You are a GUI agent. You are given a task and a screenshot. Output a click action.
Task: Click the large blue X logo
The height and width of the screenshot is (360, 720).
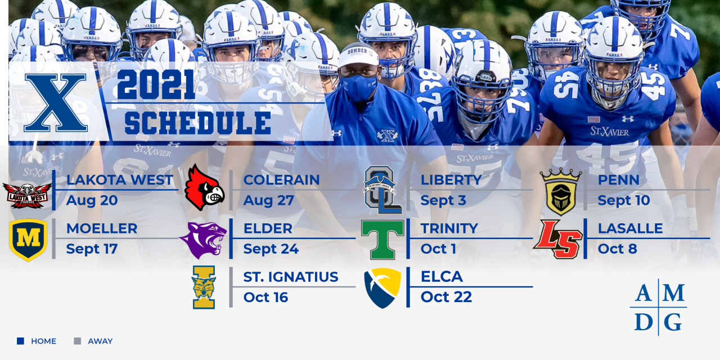pyautogui.click(x=55, y=103)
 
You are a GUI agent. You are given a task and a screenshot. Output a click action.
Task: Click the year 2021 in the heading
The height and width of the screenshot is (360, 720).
pyautogui.click(x=156, y=85)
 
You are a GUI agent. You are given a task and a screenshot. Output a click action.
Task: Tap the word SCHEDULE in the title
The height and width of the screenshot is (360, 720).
pyautogui.click(x=197, y=123)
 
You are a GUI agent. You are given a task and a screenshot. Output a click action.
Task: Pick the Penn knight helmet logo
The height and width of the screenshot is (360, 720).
pyautogui.click(x=560, y=191)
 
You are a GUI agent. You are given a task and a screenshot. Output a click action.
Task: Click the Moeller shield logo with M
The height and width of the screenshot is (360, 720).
pyautogui.click(x=28, y=240)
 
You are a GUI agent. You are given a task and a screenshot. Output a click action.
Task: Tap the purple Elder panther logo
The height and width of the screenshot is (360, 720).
pyautogui.click(x=203, y=240)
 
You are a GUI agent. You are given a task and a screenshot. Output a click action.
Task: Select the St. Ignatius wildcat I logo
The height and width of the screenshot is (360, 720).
pyautogui.click(x=204, y=287)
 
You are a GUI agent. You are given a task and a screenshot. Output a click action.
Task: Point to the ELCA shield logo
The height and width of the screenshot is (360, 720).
pyautogui.click(x=382, y=287)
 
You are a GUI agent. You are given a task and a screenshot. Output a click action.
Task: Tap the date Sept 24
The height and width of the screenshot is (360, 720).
pyautogui.click(x=271, y=249)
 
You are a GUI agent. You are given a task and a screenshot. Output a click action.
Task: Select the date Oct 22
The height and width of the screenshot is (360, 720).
pyautogui.click(x=446, y=297)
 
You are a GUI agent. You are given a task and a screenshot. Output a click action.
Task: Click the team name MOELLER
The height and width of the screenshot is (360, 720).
pyautogui.click(x=102, y=228)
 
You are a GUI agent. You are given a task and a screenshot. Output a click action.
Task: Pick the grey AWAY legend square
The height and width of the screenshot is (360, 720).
pyautogui.click(x=77, y=341)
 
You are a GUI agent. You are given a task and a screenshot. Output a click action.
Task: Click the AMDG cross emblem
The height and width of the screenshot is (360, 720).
pyautogui.click(x=658, y=307)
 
